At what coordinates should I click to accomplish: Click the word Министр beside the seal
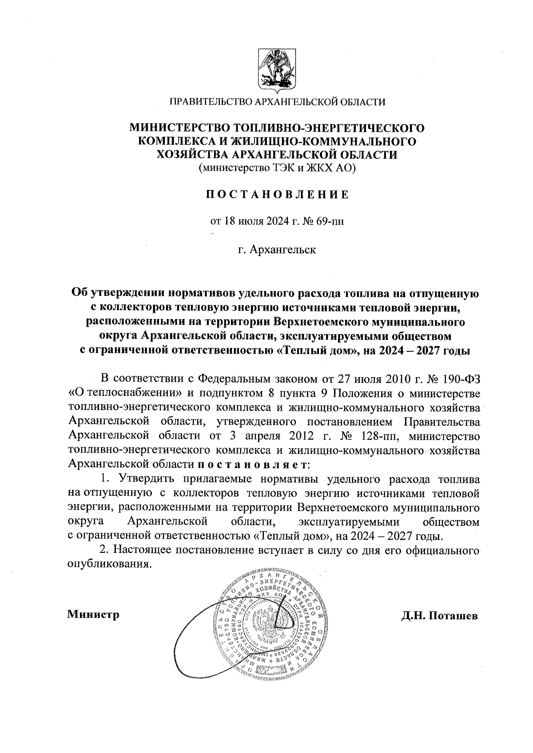pos(93,615)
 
